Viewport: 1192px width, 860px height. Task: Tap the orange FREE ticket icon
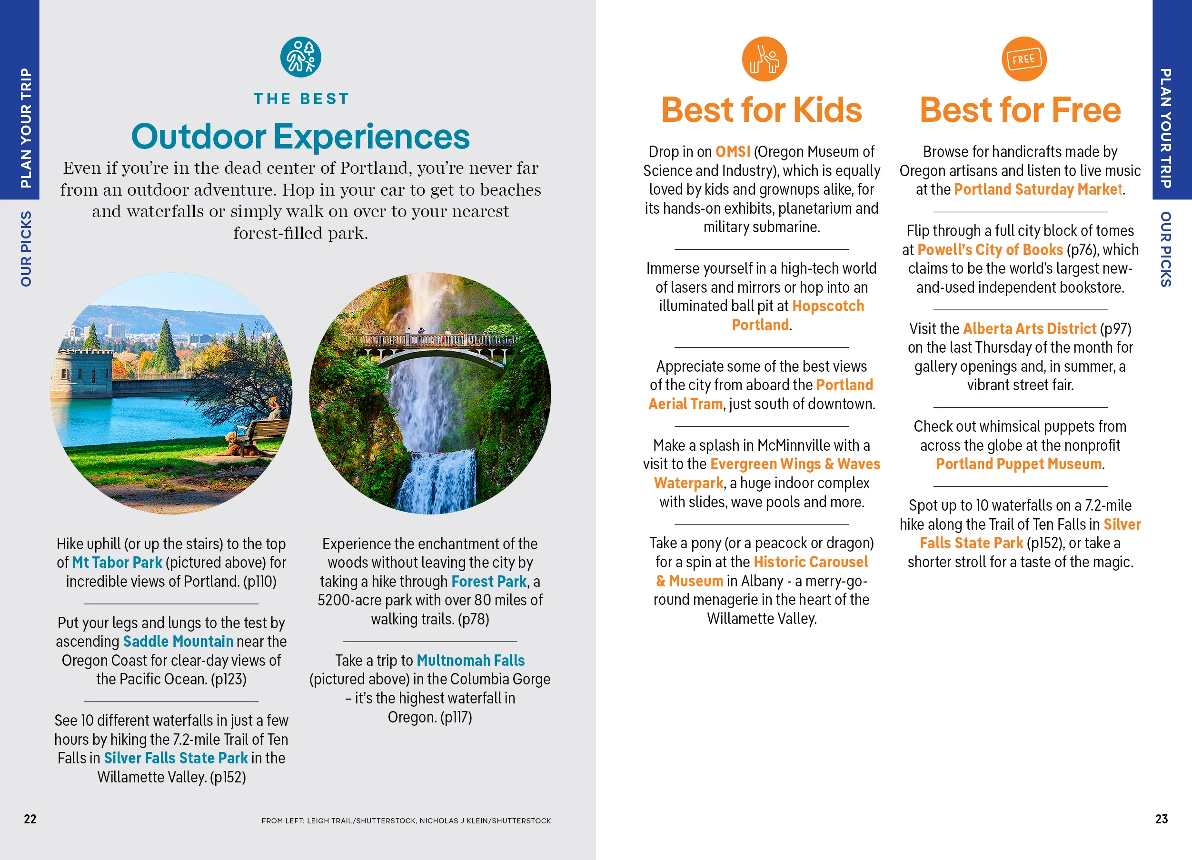pos(1024,59)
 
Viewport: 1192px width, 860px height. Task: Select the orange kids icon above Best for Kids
pos(764,59)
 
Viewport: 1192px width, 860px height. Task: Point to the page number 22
pos(30,819)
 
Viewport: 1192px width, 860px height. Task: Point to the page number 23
pos(1162,819)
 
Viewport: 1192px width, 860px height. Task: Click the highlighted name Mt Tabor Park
pos(117,563)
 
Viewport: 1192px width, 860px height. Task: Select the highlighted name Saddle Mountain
pos(178,642)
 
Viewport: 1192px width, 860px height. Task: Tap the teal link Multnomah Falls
pos(471,661)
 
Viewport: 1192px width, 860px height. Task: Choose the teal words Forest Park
pos(489,582)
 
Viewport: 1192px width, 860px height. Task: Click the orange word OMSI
pos(733,152)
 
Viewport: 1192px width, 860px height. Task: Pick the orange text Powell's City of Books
pos(990,249)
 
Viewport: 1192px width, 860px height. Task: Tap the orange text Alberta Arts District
pos(1030,328)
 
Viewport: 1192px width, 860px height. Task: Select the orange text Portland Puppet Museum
pos(1019,464)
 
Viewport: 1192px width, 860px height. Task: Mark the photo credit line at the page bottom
pos(406,820)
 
